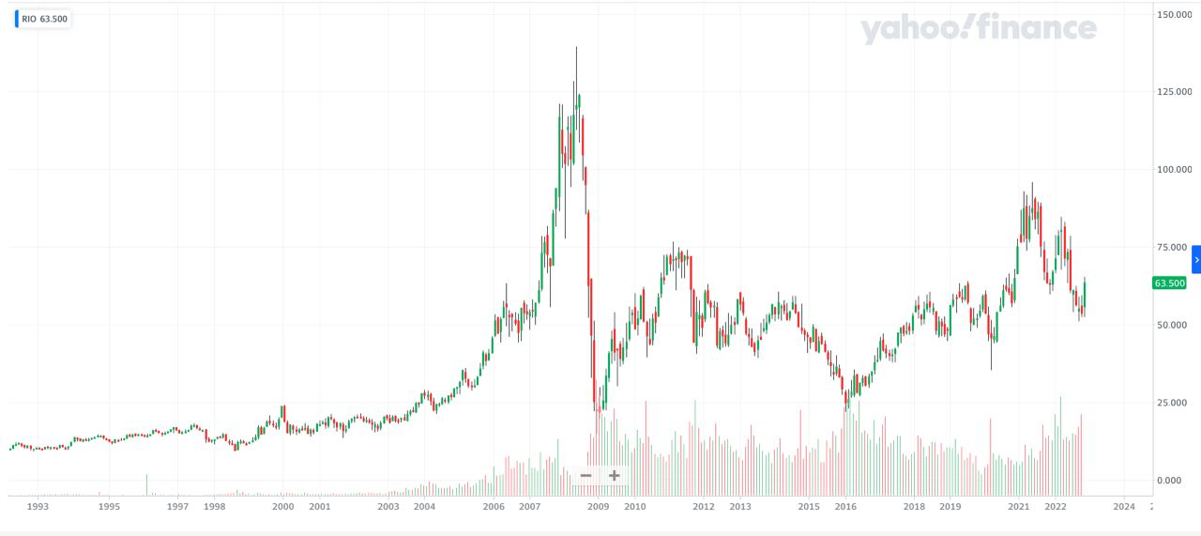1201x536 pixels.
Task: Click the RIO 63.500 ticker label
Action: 44,19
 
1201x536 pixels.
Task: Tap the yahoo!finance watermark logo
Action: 979,29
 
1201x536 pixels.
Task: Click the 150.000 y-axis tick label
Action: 1174,14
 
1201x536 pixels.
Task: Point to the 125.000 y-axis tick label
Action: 1174,92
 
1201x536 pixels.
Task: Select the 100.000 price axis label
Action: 1174,169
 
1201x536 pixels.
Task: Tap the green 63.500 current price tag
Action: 1169,283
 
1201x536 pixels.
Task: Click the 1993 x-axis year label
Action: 38,507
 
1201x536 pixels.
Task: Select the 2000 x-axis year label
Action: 283,507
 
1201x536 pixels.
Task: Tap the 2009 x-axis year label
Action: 599,507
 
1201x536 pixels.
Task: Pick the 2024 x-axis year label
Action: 1124,507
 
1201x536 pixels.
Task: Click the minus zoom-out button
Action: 585,476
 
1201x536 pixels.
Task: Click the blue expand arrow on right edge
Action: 1196,259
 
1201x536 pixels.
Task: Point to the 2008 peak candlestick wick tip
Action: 576,48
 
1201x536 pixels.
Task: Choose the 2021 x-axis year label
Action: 1019,507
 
